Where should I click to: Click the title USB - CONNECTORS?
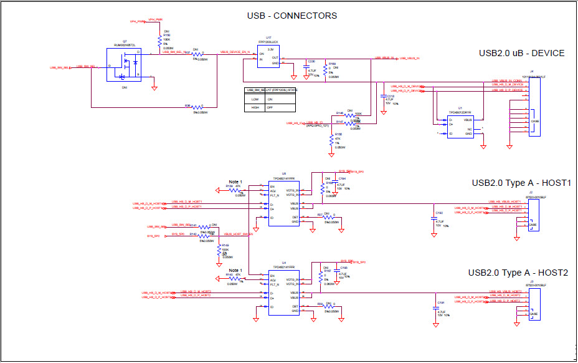[292, 16]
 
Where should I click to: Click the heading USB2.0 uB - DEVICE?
[521, 53]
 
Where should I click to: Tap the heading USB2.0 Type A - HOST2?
[518, 273]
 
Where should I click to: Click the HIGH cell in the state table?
[255, 107]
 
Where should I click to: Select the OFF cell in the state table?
[270, 107]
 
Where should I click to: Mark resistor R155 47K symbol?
[331, 141]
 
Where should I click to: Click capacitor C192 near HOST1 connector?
[433, 218]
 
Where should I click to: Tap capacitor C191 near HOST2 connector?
[434, 308]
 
